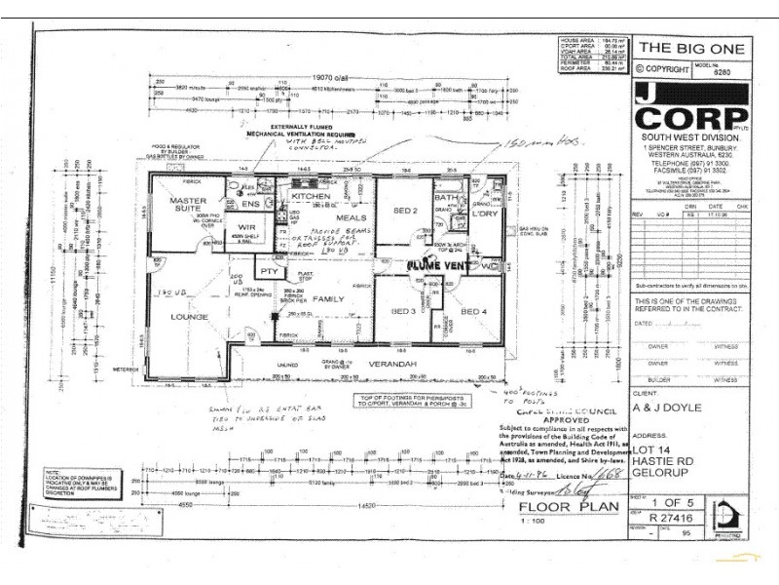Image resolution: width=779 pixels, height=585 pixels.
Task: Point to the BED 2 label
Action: tap(405, 211)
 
